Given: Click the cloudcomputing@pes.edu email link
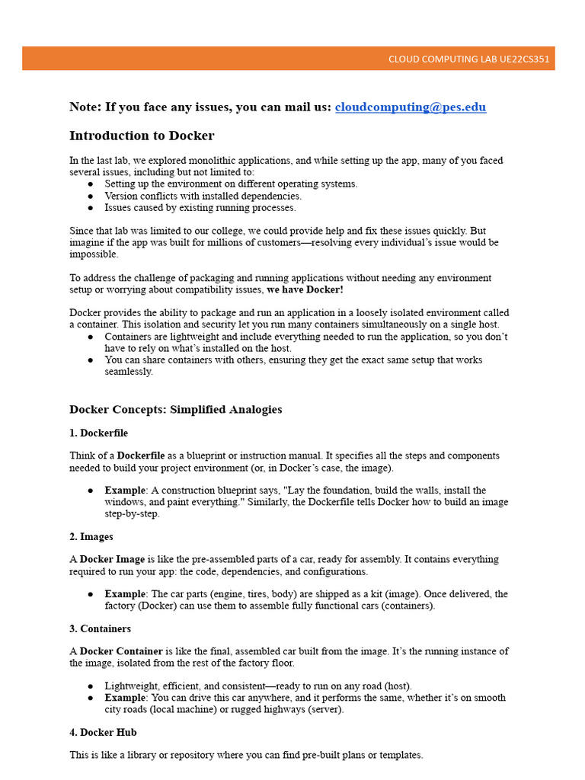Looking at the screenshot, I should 410,107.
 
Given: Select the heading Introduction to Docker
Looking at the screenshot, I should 142,136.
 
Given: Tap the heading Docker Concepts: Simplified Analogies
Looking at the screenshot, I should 175,410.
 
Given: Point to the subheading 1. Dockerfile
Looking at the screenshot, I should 99,433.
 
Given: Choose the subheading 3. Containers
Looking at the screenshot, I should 101,628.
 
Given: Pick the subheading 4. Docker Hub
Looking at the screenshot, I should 103,732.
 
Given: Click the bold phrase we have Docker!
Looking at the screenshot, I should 305,290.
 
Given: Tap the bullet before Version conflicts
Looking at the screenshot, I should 91,196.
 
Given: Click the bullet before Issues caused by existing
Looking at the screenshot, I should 91,208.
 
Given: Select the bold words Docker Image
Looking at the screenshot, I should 112,559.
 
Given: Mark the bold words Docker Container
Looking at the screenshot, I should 121,651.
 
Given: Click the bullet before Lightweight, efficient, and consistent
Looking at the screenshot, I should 91,686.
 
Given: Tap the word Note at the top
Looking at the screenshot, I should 84,107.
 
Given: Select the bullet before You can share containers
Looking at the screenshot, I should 91,360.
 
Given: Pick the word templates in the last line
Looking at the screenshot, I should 401,755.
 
